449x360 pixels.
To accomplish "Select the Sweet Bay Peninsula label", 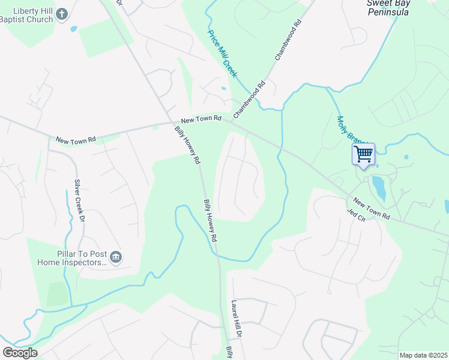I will [x=388, y=7].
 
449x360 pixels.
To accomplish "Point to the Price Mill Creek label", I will [x=223, y=53].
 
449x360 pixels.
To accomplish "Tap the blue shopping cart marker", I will [x=363, y=154].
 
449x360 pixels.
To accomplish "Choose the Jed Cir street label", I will [x=356, y=214].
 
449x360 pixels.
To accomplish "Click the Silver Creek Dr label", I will [x=79, y=199].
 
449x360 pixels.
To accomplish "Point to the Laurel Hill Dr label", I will [x=237, y=318].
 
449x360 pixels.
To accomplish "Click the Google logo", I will [x=20, y=352].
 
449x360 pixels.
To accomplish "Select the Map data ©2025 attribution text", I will [x=423, y=355].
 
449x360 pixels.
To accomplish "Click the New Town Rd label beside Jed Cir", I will [x=372, y=208].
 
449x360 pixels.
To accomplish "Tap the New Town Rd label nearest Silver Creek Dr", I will [x=76, y=140].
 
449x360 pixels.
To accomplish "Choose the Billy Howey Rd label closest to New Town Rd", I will [x=187, y=145].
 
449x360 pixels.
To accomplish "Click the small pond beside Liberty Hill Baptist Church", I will [x=73, y=28].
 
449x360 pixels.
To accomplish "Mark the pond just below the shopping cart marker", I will [x=379, y=188].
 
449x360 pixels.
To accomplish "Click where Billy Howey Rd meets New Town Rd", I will [x=169, y=124].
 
